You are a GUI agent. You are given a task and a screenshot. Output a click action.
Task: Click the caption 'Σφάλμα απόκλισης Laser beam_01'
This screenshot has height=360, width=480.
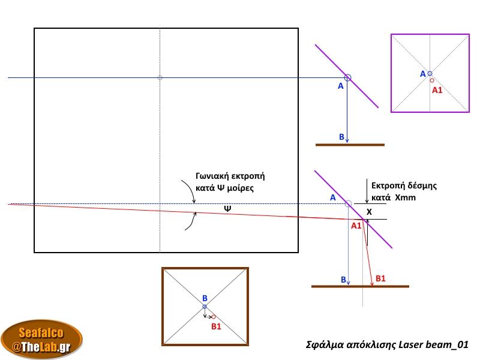point(387,344)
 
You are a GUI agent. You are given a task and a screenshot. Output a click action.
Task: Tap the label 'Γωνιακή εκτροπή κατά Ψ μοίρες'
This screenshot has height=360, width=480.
point(230,182)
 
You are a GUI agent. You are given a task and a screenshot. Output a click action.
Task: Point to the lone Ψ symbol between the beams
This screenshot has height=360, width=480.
point(227,209)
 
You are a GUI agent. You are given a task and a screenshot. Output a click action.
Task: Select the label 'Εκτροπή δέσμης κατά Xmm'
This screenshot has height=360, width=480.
point(403,191)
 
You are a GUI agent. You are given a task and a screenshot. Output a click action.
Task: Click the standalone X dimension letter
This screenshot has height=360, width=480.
point(369,212)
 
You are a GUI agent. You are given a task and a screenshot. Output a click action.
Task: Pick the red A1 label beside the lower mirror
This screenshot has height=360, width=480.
point(356,226)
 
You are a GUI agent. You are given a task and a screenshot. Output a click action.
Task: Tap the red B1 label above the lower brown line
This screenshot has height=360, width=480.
point(380,278)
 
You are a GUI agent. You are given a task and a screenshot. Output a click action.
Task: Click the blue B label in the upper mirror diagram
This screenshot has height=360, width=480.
point(341,137)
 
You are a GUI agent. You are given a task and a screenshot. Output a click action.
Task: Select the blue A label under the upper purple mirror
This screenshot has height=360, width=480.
point(340,86)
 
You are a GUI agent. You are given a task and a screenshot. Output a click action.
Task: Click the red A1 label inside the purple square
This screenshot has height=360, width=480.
point(437,90)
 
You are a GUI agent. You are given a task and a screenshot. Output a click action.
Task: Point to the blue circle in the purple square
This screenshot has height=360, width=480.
point(430,73)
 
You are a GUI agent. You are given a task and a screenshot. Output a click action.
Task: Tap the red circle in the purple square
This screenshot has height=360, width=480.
point(432,80)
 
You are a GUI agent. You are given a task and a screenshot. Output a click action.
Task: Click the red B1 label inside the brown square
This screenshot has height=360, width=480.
point(216,326)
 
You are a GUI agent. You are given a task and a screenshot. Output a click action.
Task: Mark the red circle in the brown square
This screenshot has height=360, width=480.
point(213,316)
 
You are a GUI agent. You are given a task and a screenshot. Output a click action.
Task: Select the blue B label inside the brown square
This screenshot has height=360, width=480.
point(205,298)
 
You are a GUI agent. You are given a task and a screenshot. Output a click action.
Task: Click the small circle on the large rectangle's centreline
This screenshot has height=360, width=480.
point(160,77)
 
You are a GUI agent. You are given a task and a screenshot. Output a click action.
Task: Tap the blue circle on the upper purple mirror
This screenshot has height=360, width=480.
point(347,77)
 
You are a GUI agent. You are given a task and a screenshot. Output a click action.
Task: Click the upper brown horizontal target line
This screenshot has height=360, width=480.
point(350,145)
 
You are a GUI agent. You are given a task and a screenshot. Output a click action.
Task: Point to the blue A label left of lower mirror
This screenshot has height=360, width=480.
point(332,197)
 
